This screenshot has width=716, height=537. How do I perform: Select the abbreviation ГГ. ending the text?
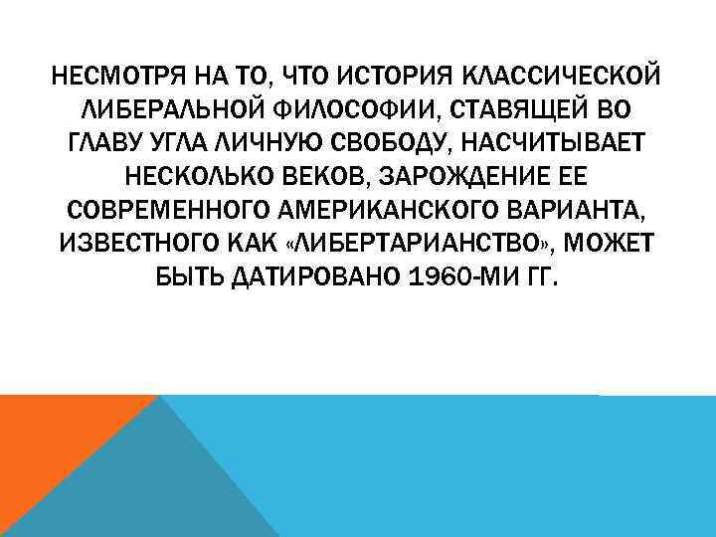pos(544,279)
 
